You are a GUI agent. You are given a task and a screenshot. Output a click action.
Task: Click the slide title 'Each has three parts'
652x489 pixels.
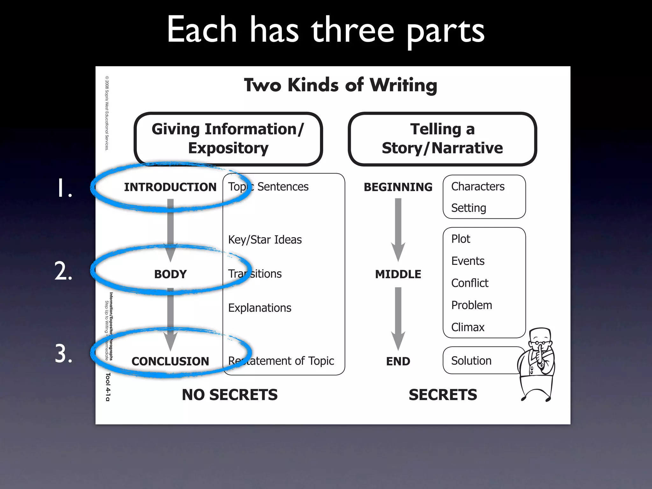pos(325,30)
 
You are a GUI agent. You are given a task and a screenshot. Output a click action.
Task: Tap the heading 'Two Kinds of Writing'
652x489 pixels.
pos(340,85)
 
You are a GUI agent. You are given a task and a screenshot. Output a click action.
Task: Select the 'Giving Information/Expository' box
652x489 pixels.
pos(228,139)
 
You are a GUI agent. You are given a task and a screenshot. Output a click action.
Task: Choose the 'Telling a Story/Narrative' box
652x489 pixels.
pos(442,139)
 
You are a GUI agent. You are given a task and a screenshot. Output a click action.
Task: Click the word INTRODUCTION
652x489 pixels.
pos(170,187)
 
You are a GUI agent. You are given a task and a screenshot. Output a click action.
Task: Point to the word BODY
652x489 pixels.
pos(170,274)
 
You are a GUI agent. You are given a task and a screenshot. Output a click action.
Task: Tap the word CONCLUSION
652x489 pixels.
pos(170,361)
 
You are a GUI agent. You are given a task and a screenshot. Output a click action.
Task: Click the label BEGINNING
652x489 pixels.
pos(398,187)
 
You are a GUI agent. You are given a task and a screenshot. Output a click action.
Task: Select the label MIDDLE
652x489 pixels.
pos(398,274)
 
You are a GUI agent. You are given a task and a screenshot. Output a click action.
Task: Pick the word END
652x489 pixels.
pos(398,361)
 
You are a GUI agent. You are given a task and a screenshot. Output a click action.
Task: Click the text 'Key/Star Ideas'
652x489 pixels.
pos(265,240)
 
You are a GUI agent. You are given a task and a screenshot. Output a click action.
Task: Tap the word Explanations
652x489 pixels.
pos(260,308)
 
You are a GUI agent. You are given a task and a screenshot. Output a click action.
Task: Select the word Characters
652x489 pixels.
pos(478,187)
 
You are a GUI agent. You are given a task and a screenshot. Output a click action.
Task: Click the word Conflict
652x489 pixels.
pos(470,283)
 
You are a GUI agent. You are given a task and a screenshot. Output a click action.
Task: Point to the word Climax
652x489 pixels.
pos(468,327)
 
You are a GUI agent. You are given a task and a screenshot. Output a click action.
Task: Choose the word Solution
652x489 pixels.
pos(471,361)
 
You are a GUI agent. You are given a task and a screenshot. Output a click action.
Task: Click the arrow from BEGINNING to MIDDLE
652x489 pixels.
pos(398,229)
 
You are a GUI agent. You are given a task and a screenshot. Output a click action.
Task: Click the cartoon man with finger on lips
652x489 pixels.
pos(537,365)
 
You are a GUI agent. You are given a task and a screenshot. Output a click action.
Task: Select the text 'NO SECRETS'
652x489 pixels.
pos(230,395)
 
